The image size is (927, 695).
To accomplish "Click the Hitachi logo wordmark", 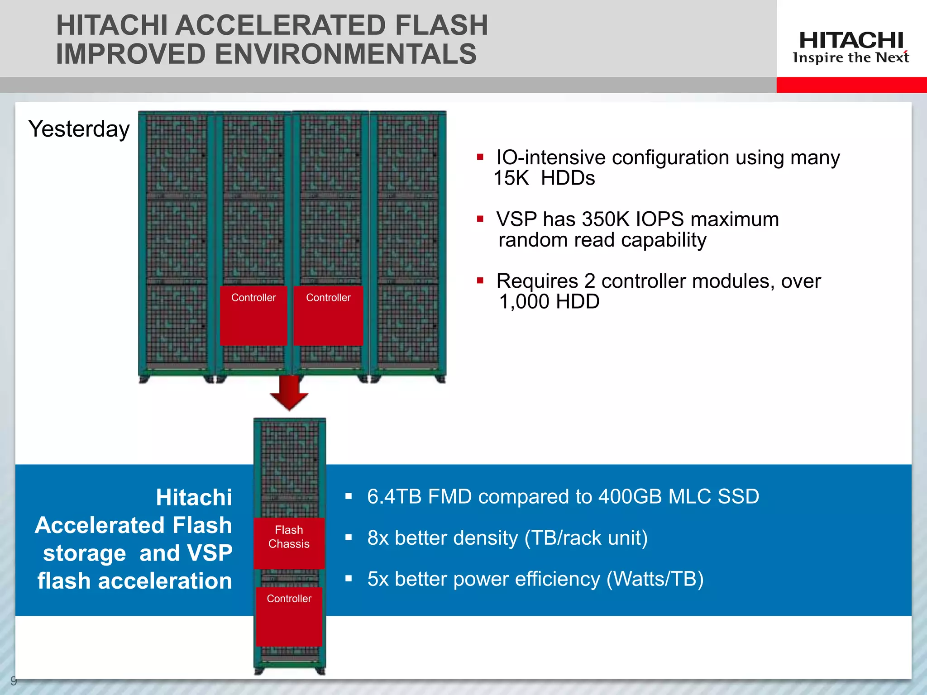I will pyautogui.click(x=851, y=41).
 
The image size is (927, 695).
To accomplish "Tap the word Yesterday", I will pyautogui.click(x=79, y=129).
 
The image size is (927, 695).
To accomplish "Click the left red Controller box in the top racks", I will pyautogui.click(x=253, y=315).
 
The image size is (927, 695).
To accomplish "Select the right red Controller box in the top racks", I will pyautogui.click(x=328, y=315).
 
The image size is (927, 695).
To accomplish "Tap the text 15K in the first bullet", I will pyautogui.click(x=511, y=178).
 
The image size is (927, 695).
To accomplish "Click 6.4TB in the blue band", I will pyautogui.click(x=394, y=497).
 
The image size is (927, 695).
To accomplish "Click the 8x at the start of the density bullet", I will pyautogui.click(x=378, y=538).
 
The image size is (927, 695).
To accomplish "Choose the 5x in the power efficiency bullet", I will pyautogui.click(x=378, y=579).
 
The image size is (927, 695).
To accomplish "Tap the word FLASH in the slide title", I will pyautogui.click(x=441, y=25).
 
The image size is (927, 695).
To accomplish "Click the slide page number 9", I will pyautogui.click(x=13, y=680).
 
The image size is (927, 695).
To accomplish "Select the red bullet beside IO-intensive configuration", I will pyautogui.click(x=480, y=157).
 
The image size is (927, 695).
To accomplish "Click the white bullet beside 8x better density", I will pyautogui.click(x=349, y=538).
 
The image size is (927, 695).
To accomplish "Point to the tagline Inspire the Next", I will pyautogui.click(x=851, y=58).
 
